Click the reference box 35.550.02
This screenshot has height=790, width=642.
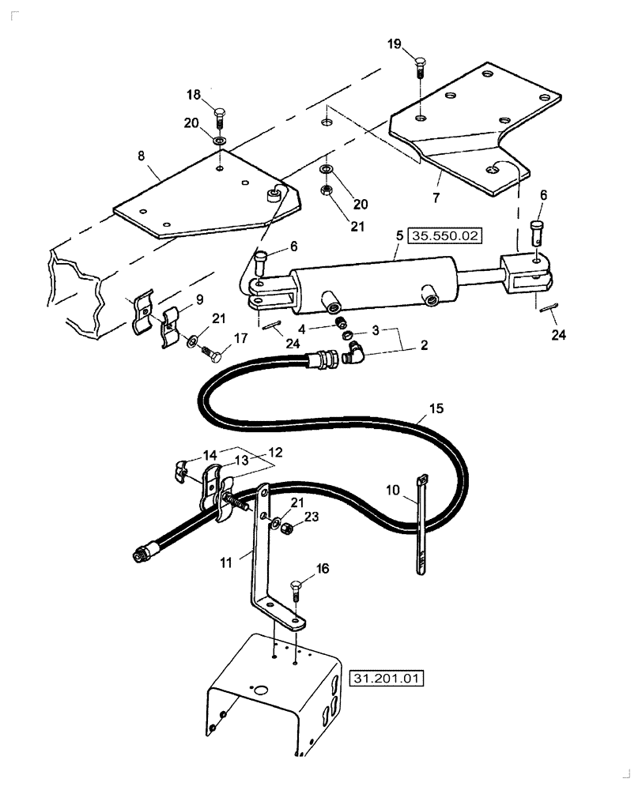446,235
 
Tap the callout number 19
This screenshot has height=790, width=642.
395,43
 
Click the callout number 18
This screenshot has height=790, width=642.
194,95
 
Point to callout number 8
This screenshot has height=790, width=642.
141,156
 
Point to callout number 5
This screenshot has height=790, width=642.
400,235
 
